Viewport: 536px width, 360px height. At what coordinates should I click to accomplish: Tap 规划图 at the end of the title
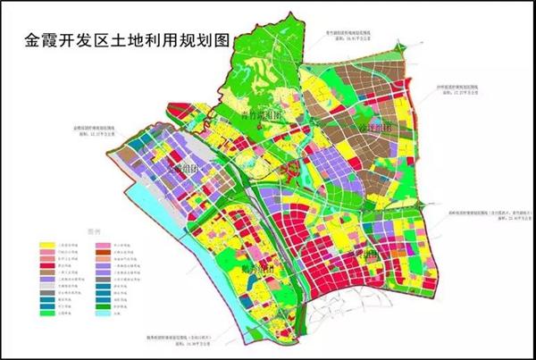click(x=207, y=40)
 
